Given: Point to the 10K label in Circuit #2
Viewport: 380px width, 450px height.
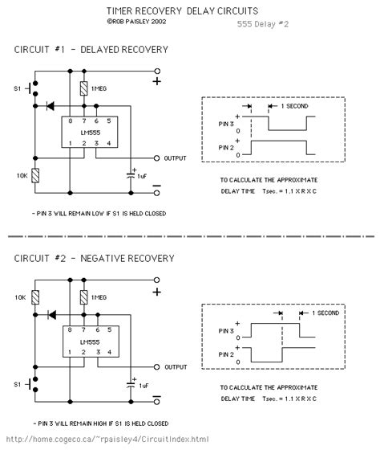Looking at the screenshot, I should point(21,297).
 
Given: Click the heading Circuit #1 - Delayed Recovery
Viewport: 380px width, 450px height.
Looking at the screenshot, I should point(91,50).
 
